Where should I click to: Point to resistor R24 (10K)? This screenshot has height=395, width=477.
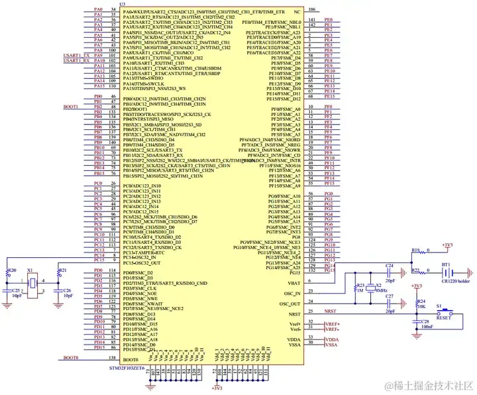point(415,300)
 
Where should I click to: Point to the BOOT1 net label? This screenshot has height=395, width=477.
point(70,107)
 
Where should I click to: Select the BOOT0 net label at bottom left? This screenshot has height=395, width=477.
point(70,358)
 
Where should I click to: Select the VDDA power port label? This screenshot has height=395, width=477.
point(331,339)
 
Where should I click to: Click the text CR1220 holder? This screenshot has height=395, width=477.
point(456,282)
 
